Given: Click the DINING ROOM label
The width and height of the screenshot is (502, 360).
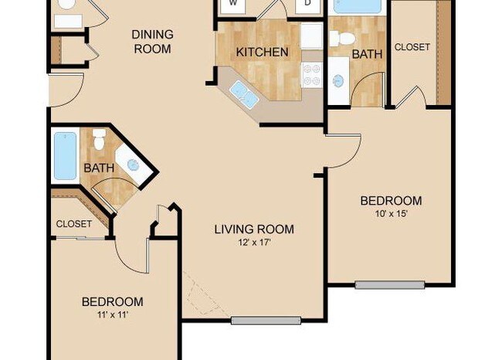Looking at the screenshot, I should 152,41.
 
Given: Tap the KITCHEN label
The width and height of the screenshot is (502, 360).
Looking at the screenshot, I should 262,53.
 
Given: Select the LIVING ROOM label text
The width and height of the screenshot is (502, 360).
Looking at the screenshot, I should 254,229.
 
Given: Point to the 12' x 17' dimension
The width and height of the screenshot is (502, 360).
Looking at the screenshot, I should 254,242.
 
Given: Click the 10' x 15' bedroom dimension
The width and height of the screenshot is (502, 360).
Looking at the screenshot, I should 391,214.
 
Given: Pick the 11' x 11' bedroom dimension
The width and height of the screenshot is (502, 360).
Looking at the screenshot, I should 112,314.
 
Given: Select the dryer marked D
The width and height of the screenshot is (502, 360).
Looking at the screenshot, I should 307,4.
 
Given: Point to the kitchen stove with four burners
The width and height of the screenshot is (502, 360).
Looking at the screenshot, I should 311,74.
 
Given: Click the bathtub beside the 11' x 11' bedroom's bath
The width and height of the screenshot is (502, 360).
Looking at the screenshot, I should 65,156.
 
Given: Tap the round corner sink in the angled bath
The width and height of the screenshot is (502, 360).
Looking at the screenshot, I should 133,165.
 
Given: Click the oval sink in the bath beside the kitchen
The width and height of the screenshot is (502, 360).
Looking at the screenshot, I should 338,80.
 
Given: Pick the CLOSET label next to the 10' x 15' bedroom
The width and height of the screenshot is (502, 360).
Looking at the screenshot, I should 412,47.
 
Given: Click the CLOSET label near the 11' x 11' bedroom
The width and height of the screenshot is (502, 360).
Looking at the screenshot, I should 73,224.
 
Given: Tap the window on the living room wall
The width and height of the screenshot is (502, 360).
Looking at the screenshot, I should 265,320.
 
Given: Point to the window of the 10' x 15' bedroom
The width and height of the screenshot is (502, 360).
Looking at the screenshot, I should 389,285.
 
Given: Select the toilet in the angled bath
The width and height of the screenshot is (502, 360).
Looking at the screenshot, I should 98,141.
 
